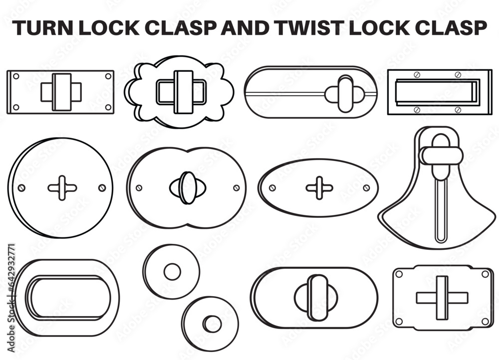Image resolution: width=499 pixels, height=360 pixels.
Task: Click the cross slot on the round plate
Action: [x=62, y=188]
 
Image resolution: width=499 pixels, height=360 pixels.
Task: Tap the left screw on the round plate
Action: [x=21, y=188]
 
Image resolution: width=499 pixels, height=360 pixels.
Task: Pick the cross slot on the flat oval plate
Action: [x=319, y=188]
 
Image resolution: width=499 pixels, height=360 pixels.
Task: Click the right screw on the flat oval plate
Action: [x=366, y=188]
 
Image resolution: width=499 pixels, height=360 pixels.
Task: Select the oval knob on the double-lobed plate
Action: [x=188, y=187]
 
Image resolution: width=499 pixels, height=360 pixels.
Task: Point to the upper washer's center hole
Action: [x=172, y=272]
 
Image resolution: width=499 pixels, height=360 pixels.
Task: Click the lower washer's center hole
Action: [x=212, y=324]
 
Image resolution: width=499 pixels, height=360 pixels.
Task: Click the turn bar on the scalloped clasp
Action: [x=183, y=92]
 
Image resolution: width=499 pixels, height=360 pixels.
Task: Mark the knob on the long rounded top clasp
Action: [x=344, y=93]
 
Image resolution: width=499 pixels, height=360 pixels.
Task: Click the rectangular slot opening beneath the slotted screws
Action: [x=433, y=93]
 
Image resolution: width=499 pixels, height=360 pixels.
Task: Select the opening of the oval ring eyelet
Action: [x=69, y=298]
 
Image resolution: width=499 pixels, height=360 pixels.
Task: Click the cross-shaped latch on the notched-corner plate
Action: [x=442, y=298]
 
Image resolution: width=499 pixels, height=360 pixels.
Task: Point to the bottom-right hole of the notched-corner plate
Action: [x=484, y=322]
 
